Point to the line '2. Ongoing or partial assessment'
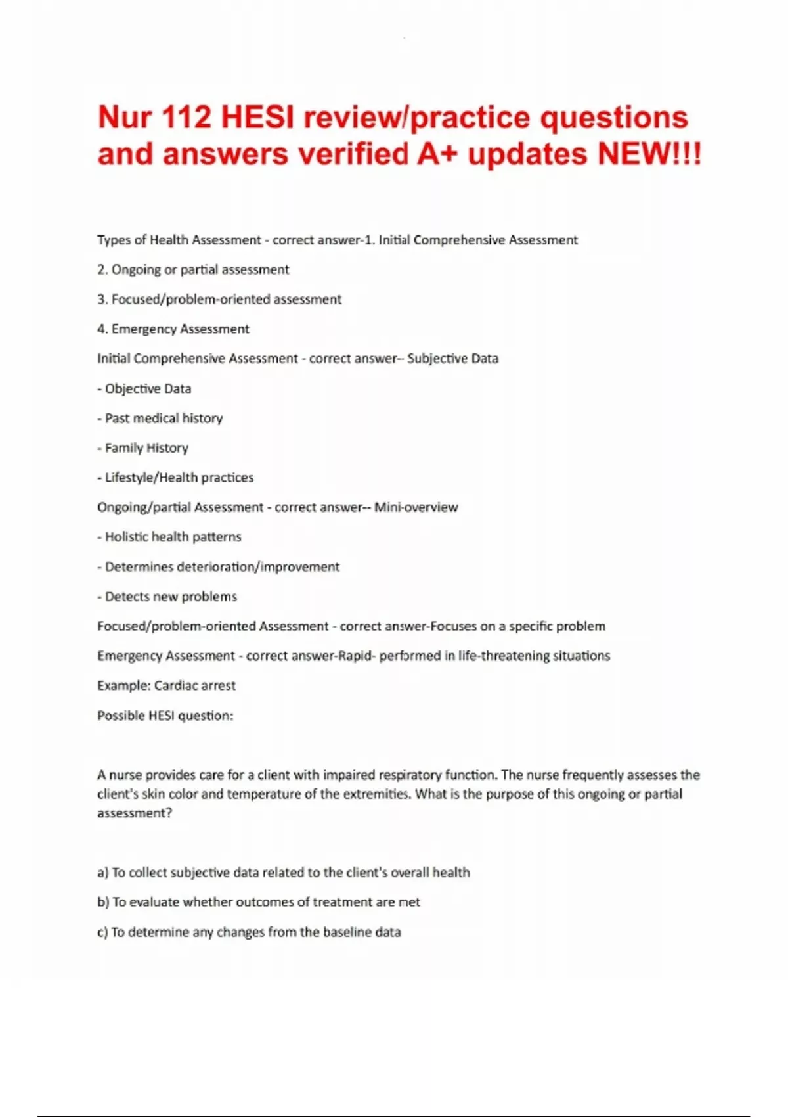coord(193,270)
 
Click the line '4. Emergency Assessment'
coord(173,329)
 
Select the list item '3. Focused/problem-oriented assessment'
coord(219,300)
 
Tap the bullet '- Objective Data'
coord(144,389)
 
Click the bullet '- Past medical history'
coord(160,419)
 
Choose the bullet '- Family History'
coord(143,448)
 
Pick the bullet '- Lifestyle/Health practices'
coord(175,478)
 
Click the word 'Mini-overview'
coord(416,507)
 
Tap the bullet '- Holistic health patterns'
coord(169,537)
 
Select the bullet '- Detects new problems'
coord(167,597)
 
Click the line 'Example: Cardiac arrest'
coord(166,685)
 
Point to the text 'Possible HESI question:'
coord(165,716)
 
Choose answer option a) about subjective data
coord(284,873)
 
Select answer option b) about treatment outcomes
coord(259,902)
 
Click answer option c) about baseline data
coord(249,932)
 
